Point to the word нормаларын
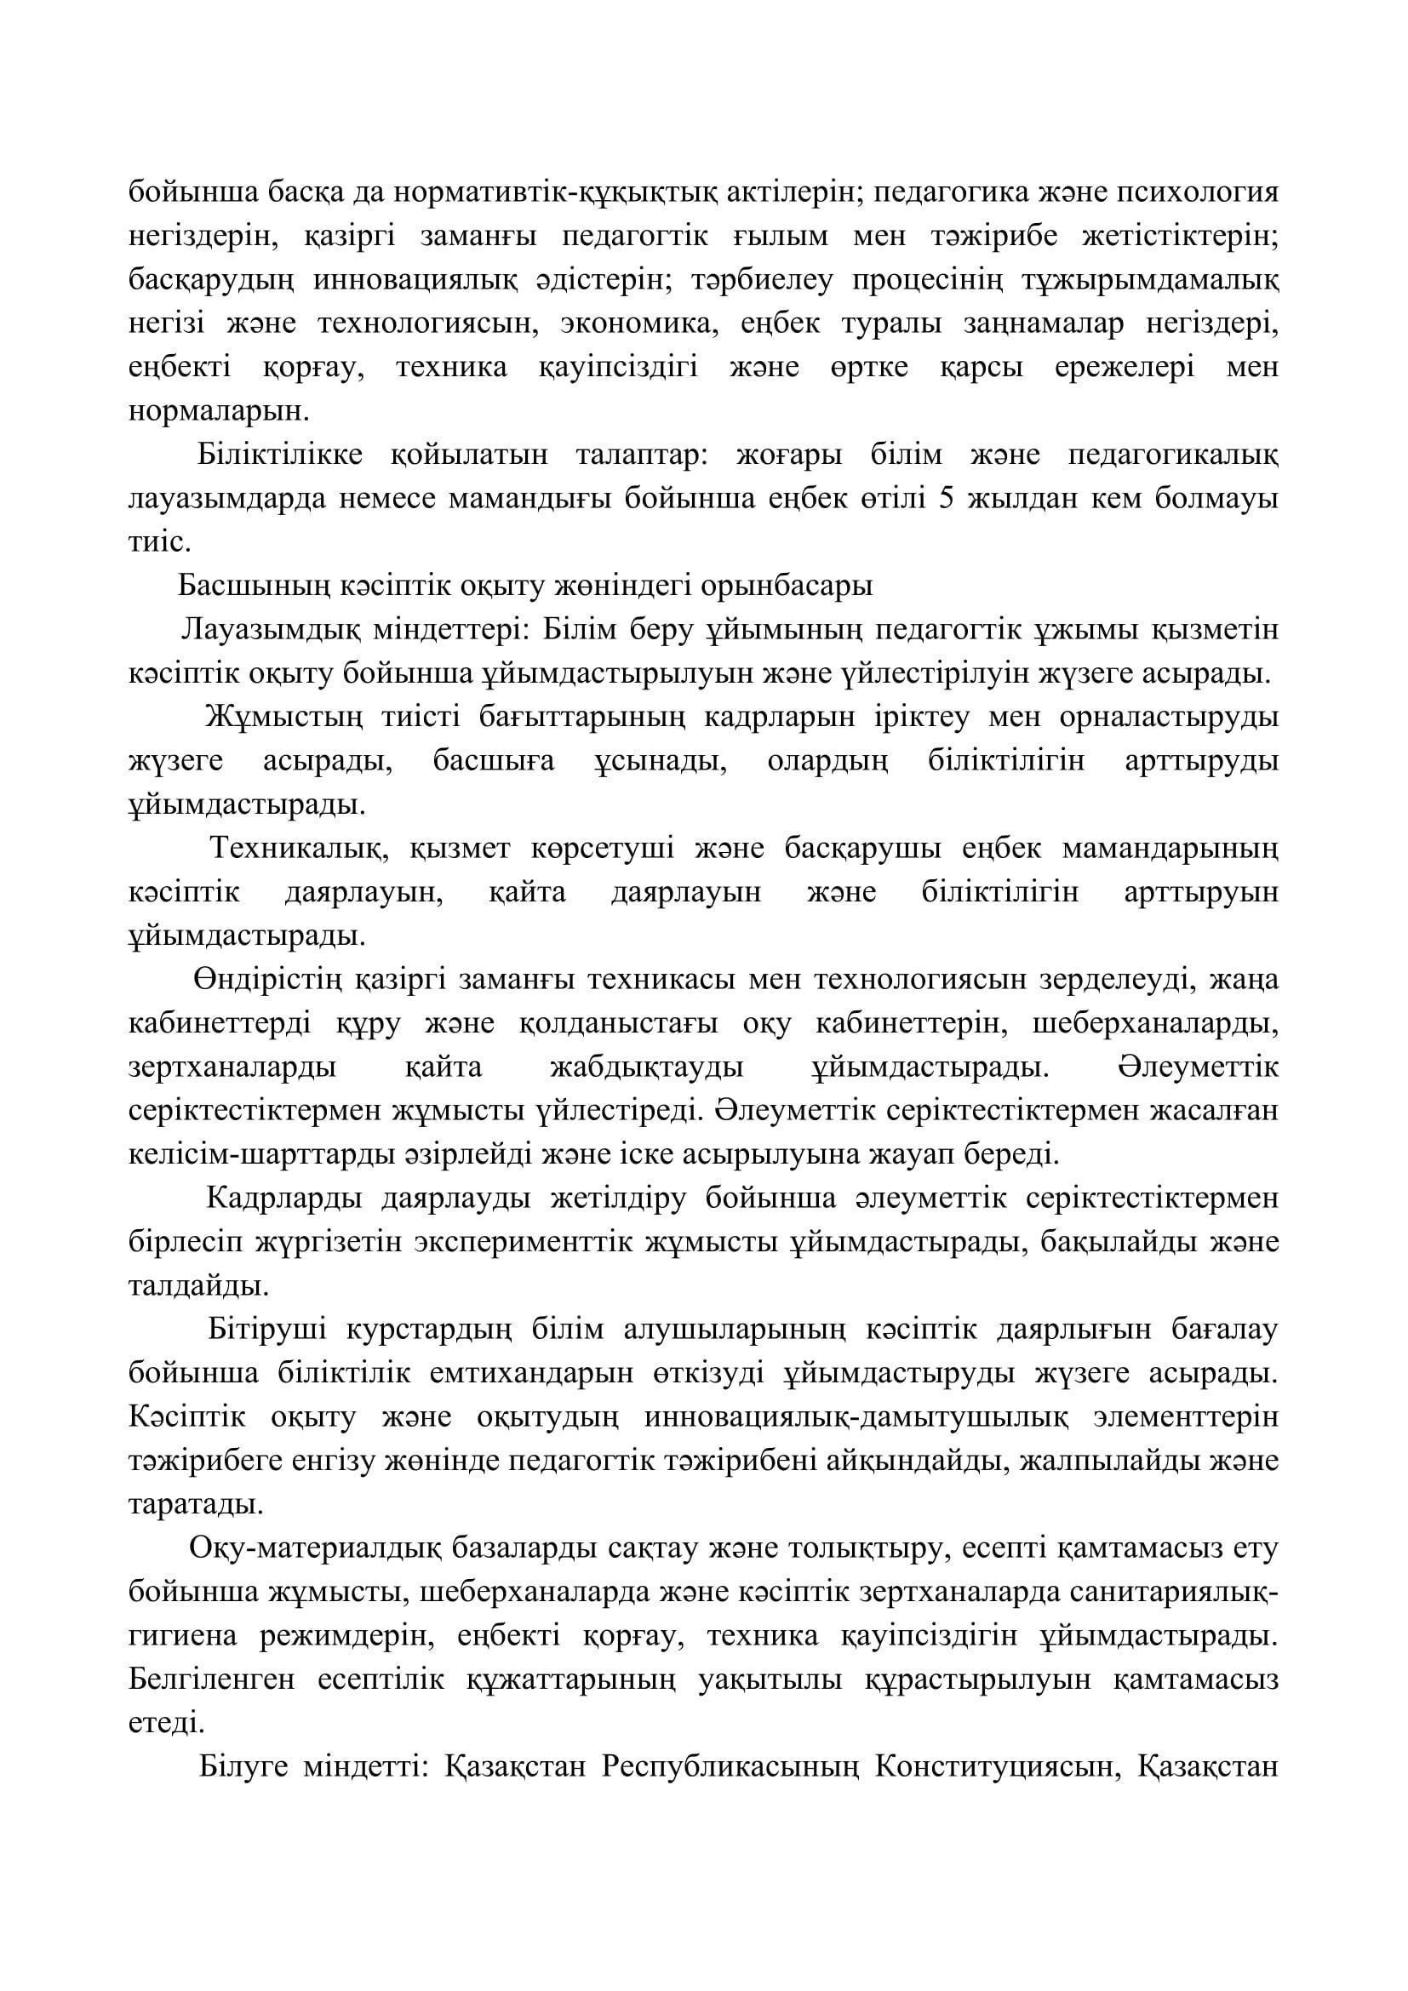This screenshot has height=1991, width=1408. [218, 411]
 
